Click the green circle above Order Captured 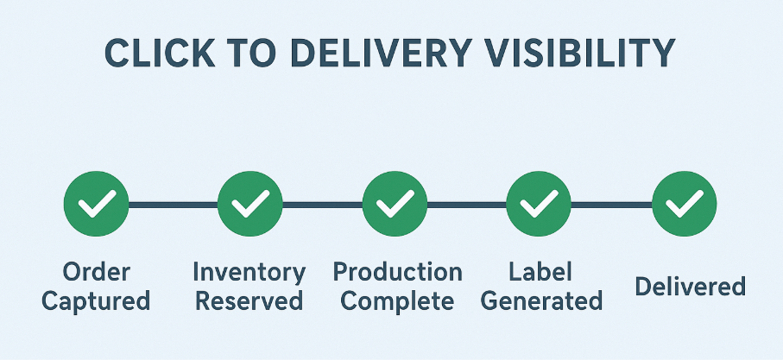96,205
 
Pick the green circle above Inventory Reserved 249,205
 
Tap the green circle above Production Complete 395,205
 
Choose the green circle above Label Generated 539,205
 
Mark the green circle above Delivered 684,205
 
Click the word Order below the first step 96,273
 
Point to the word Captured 96,301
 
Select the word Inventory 249,273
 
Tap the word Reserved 249,301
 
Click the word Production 397,273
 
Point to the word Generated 540,301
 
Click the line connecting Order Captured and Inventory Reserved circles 173,205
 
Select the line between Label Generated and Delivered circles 611,205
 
